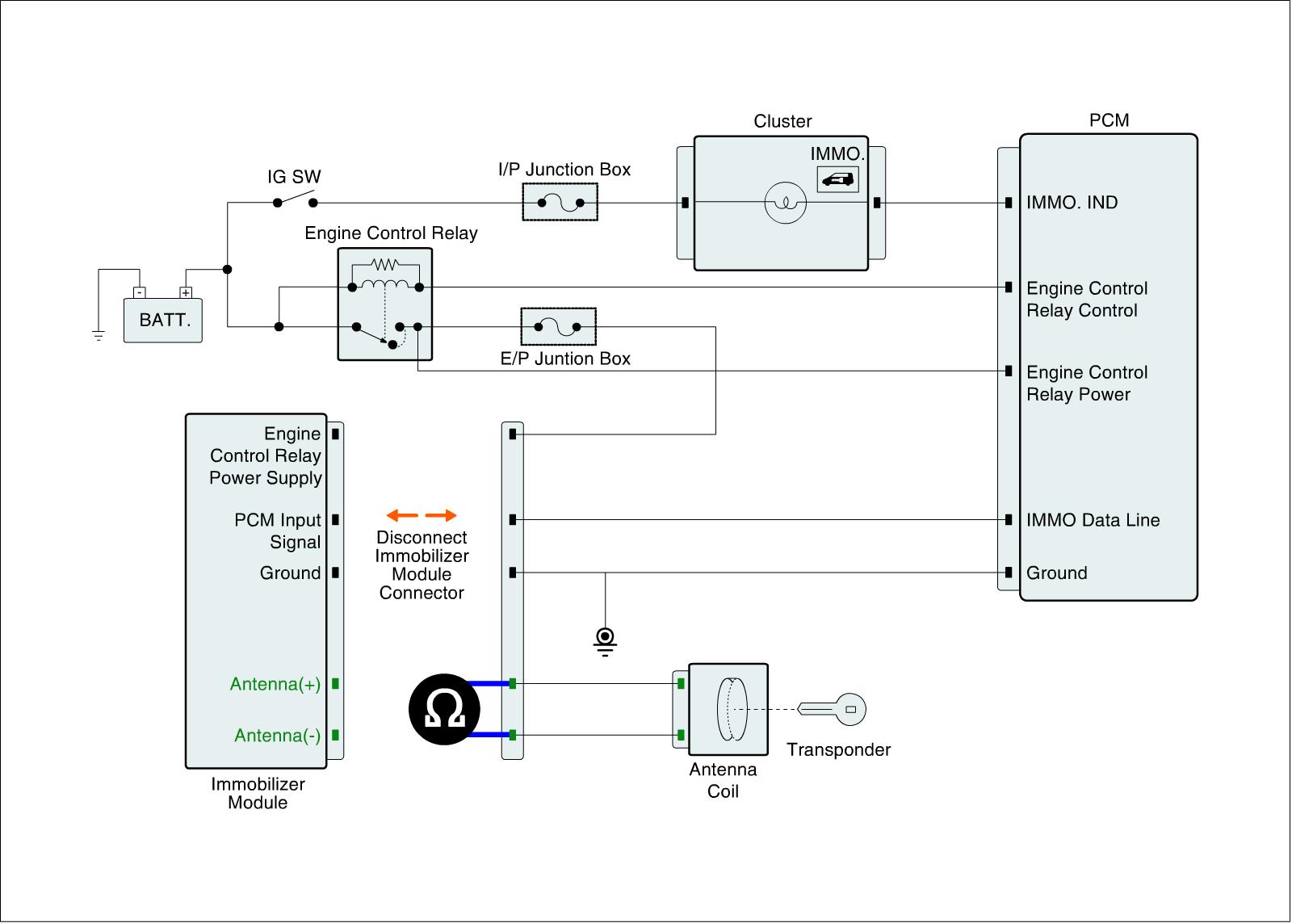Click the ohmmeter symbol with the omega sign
444,710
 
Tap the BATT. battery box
163,320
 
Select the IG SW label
294,177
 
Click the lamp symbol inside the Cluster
785,203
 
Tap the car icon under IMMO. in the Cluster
837,179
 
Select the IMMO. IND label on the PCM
1072,203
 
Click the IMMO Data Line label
1093,520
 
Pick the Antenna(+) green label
275,684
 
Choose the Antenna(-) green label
278,736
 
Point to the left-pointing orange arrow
401,515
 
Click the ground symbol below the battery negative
99,335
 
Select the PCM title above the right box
1109,120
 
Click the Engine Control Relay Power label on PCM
1086,383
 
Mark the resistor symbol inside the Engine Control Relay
385,264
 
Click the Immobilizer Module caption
258,793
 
